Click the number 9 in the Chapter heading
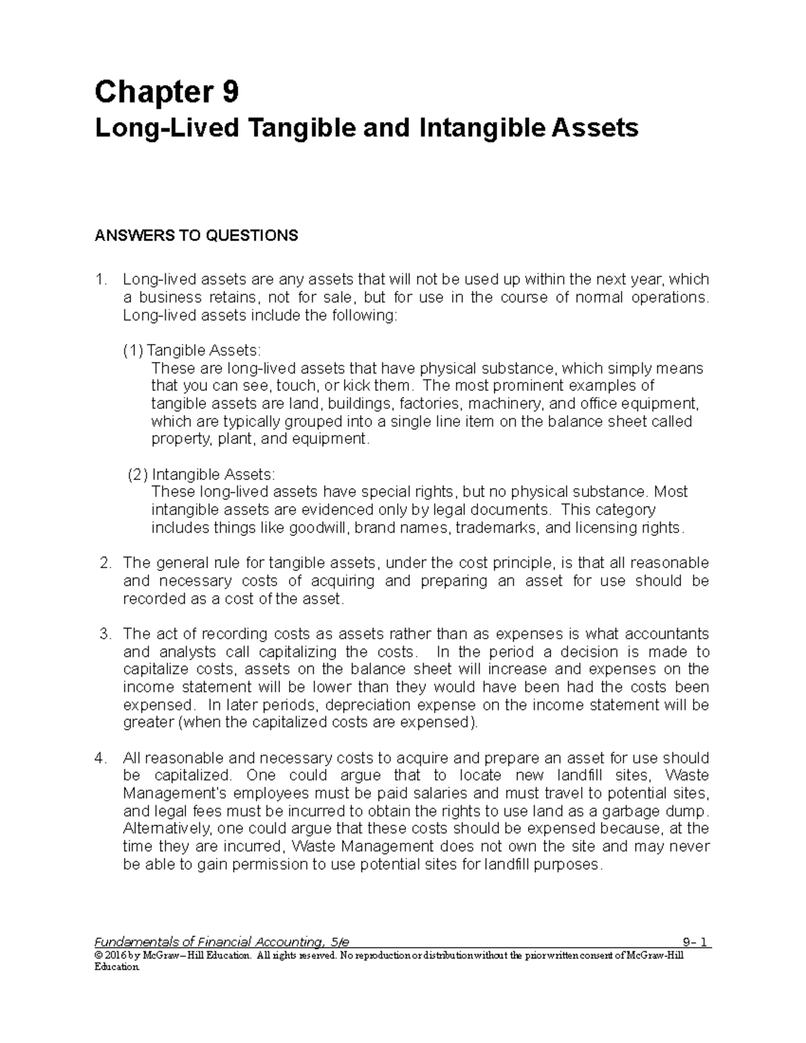tap(230, 92)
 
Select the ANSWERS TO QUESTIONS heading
tap(196, 236)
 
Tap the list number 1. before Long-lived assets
tap(101, 279)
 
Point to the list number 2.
tap(105, 563)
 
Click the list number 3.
tap(105, 634)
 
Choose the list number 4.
tap(101, 758)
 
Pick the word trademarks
tap(496, 528)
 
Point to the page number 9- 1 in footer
tap(695, 942)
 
